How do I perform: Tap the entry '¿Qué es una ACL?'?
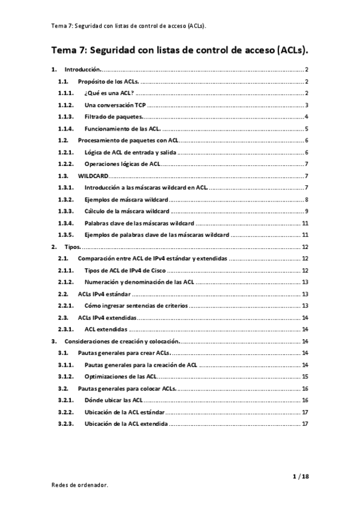pyautogui.click(x=109, y=93)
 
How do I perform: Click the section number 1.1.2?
pyautogui.click(x=66, y=105)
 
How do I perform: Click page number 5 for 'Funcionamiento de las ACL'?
pyautogui.click(x=307, y=128)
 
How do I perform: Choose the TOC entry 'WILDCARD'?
pyautogui.click(x=93, y=175)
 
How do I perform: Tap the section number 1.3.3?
pyautogui.click(x=66, y=210)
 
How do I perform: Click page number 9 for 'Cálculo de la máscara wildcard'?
pyautogui.click(x=307, y=210)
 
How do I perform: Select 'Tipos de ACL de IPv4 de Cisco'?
pyautogui.click(x=126, y=269)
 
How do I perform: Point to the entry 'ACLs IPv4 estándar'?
pyautogui.click(x=105, y=293)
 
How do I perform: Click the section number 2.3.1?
pyautogui.click(x=66, y=328)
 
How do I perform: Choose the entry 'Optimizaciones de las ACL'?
pyautogui.click(x=121, y=376)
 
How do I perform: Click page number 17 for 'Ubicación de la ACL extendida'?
pyautogui.click(x=305, y=423)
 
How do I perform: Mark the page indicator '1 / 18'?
pyautogui.click(x=300, y=476)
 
